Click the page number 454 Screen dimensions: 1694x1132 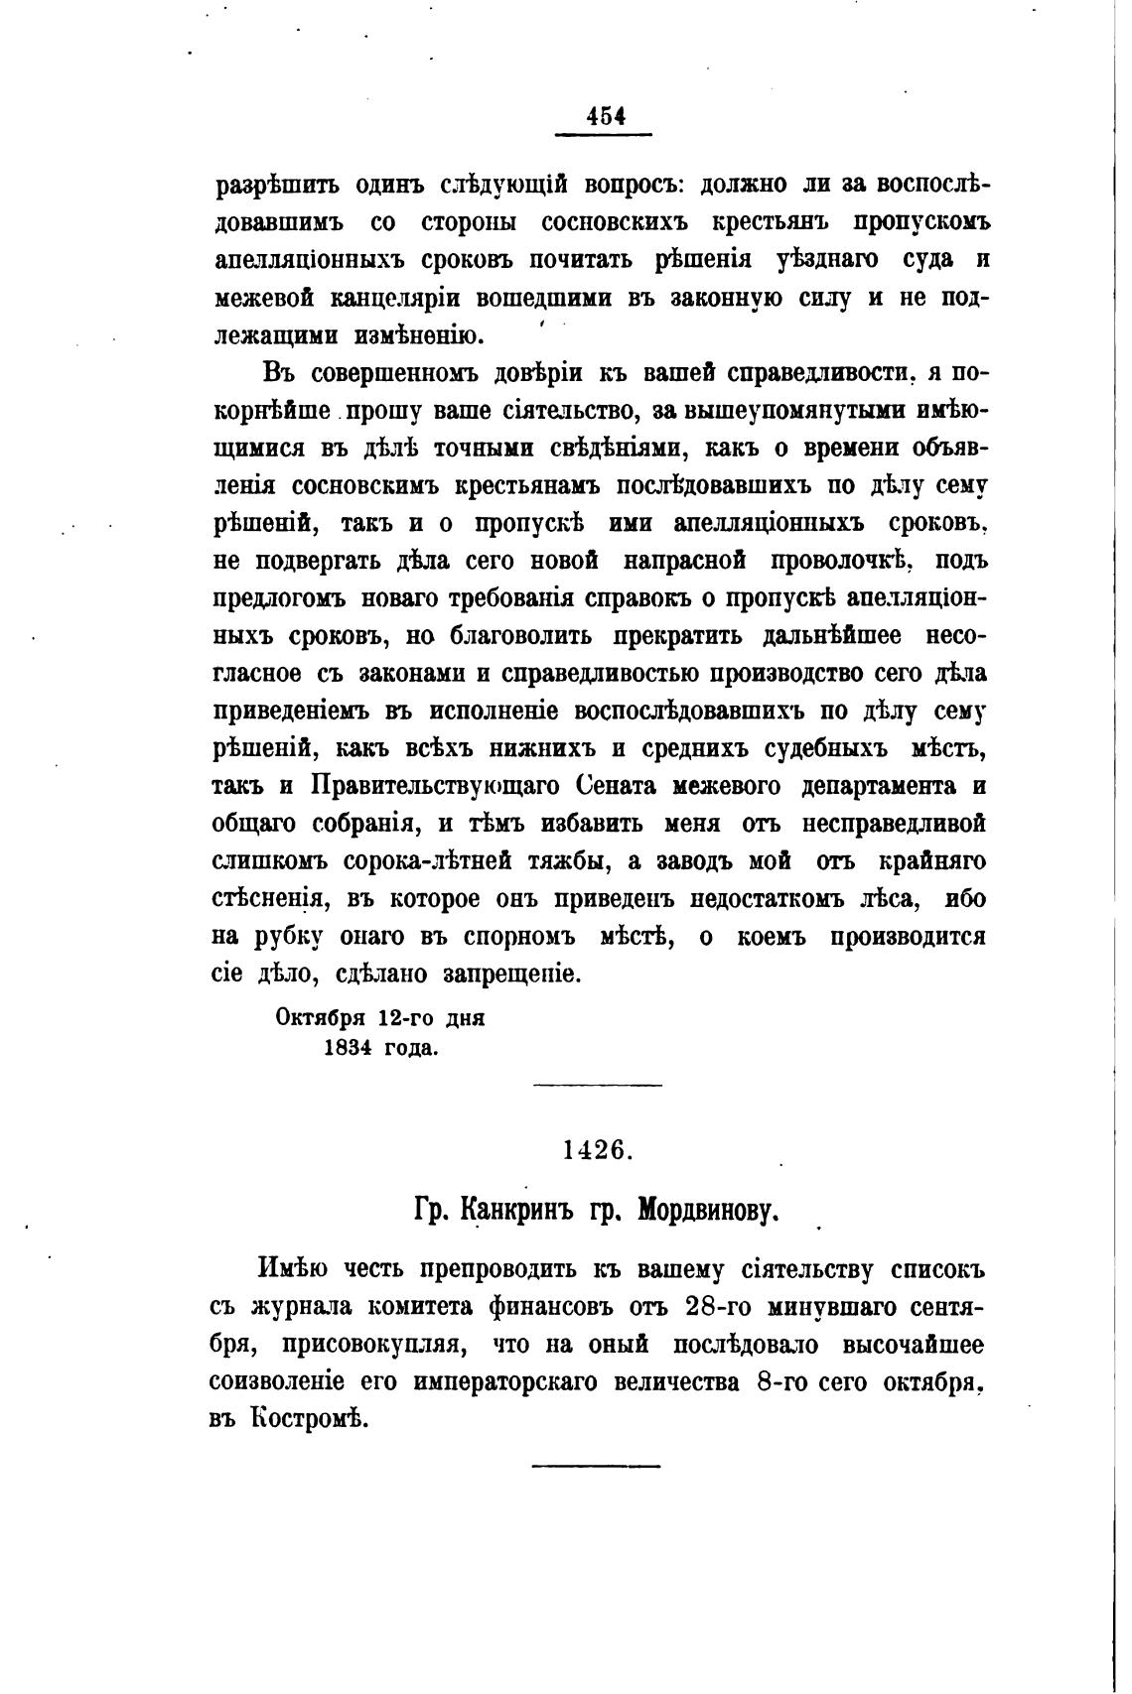(x=605, y=115)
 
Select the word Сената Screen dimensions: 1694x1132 (x=619, y=786)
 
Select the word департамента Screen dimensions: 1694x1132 (x=877, y=786)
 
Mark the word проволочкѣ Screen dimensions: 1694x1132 (x=842, y=561)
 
